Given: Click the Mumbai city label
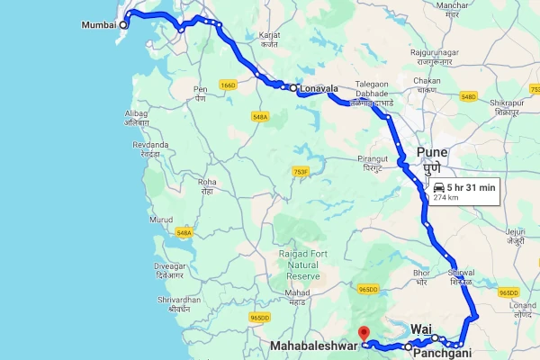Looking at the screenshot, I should tap(98, 24).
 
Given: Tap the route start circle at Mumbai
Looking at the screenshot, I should tap(123, 24).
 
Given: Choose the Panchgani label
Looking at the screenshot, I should tap(441, 354).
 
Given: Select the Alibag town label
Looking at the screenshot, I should tap(136, 112).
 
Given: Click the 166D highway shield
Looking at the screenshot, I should tap(227, 85).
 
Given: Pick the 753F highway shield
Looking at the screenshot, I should tap(301, 171).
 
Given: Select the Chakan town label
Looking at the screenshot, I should tap(427, 80).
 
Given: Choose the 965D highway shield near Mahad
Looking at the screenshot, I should tap(260, 318).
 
